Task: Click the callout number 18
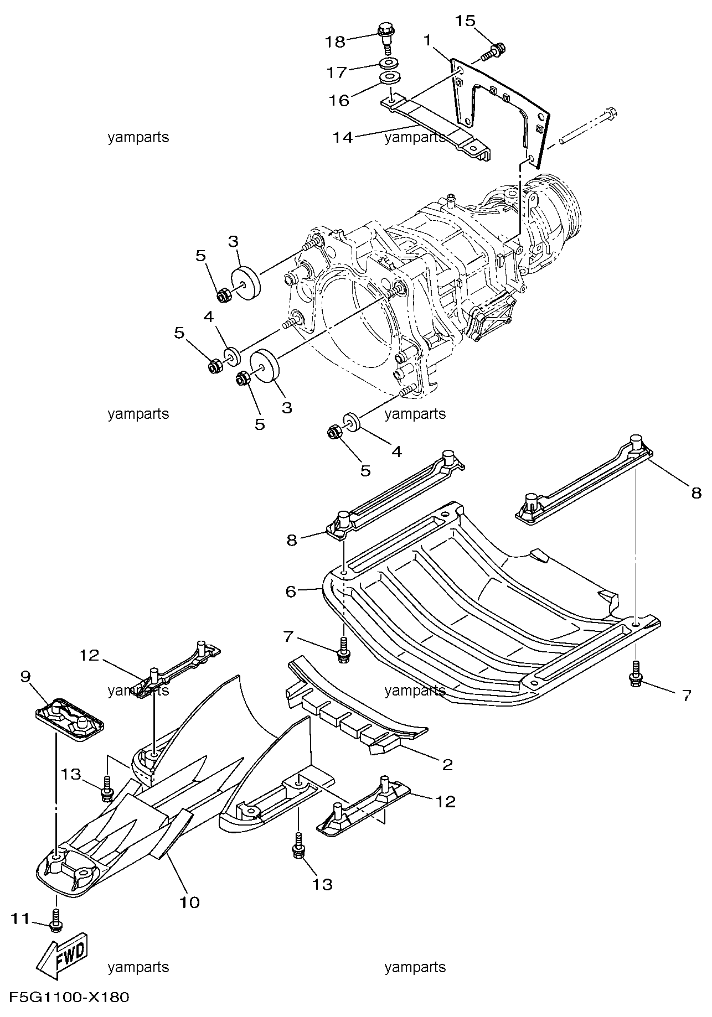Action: pyautogui.click(x=336, y=41)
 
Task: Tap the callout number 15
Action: pyautogui.click(x=465, y=21)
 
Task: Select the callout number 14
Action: pyautogui.click(x=343, y=137)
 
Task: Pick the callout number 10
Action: pyautogui.click(x=189, y=902)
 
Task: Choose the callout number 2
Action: pyautogui.click(x=447, y=765)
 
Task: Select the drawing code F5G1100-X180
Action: pyautogui.click(x=66, y=998)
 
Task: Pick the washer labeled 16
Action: pyautogui.click(x=391, y=77)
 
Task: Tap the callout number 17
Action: pyautogui.click(x=337, y=72)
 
